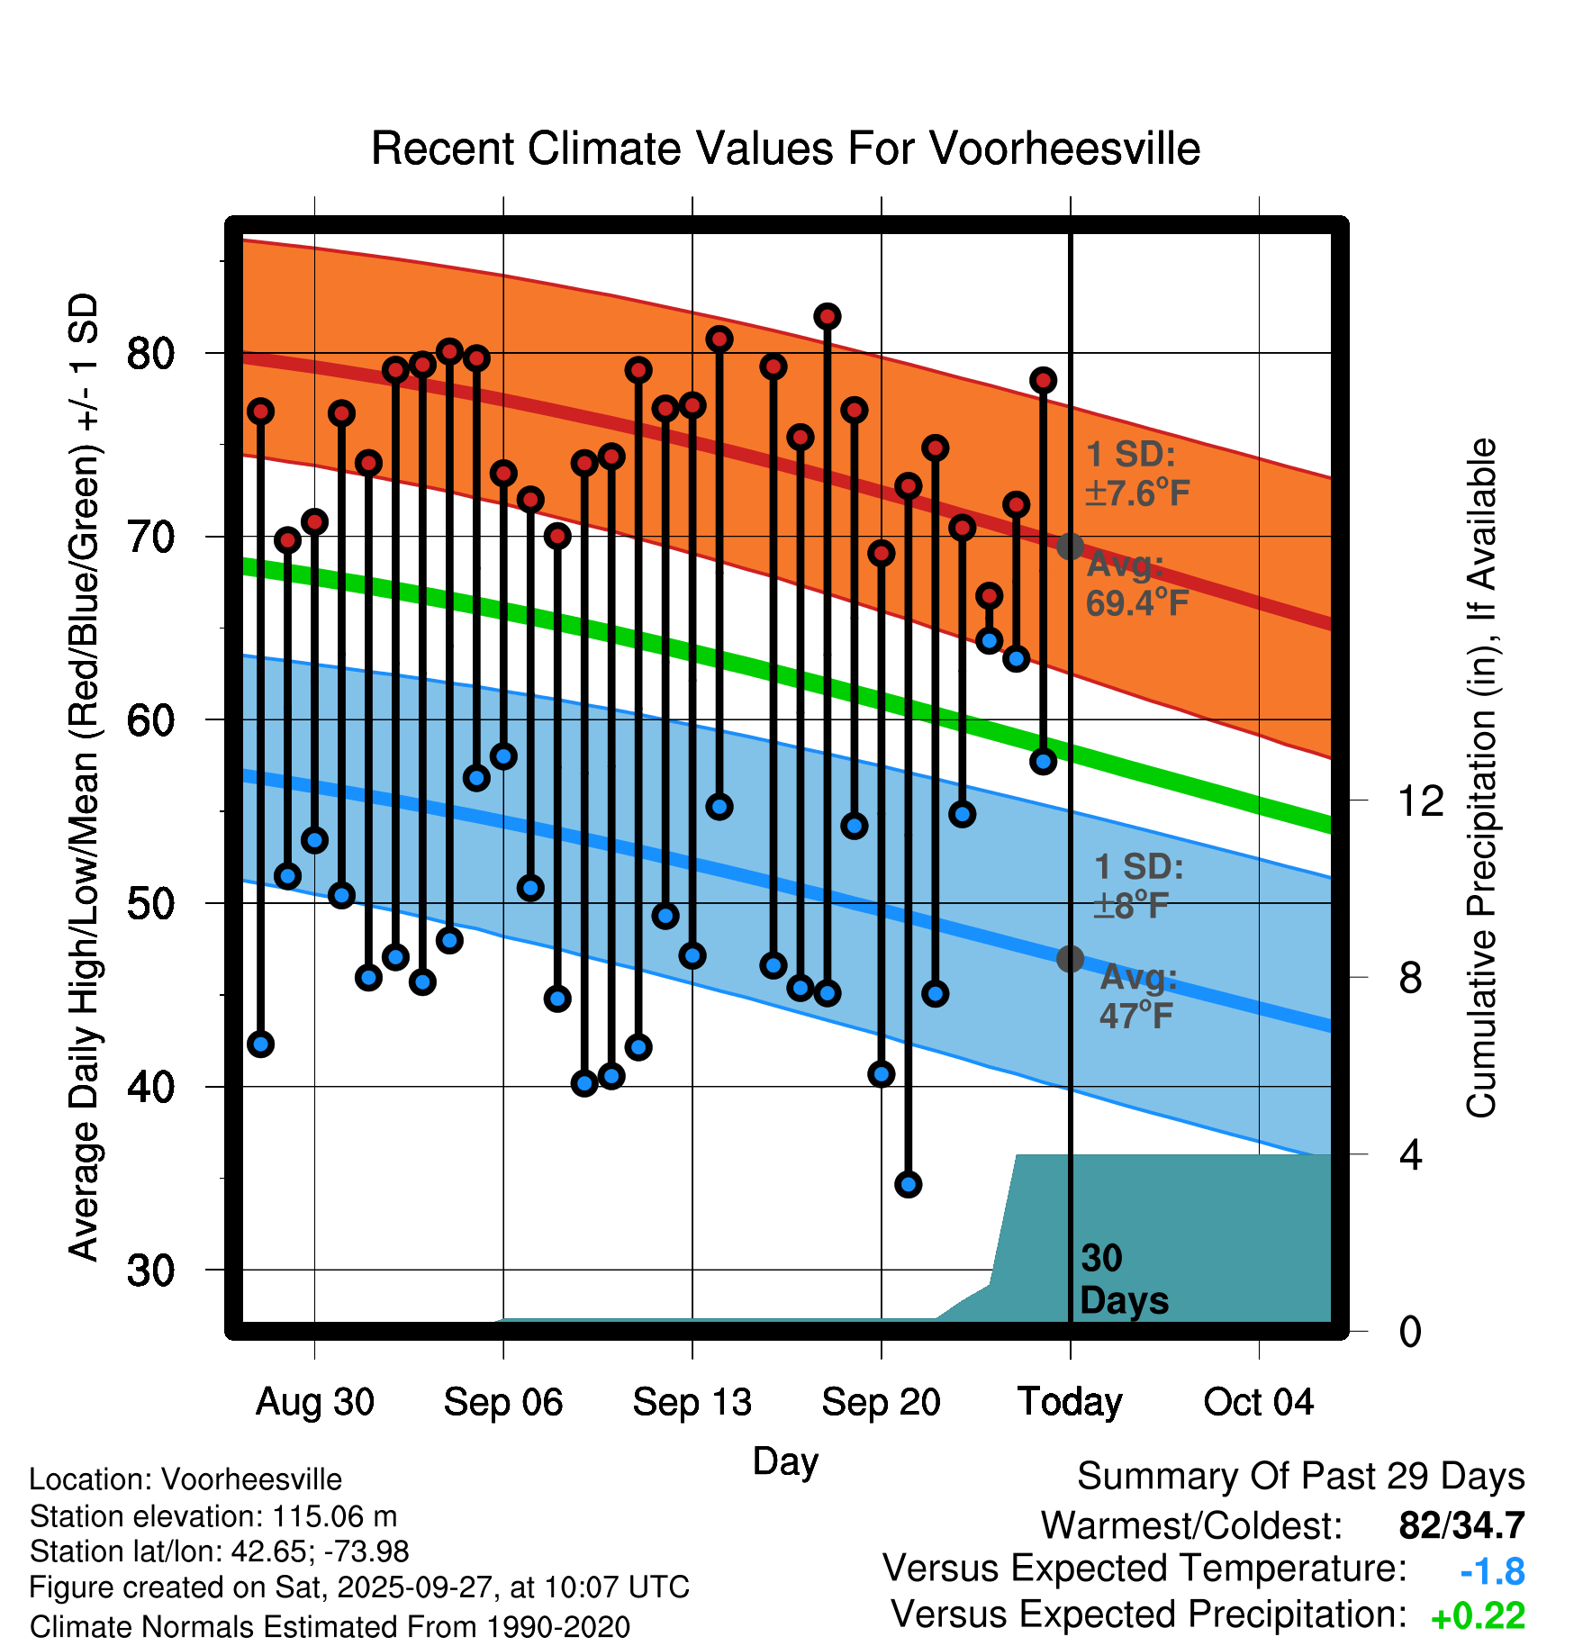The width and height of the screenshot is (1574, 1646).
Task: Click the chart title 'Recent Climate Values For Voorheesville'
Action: (785, 149)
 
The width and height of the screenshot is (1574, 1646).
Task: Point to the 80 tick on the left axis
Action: (150, 354)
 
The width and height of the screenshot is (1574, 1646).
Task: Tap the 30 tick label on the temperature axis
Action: (150, 1271)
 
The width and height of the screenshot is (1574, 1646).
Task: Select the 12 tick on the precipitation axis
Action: (1420, 800)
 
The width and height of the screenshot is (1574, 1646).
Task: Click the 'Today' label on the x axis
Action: (1070, 1402)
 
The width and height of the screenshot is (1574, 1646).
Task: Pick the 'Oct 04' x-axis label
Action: (1258, 1402)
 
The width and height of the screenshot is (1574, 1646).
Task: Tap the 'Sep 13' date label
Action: (692, 1402)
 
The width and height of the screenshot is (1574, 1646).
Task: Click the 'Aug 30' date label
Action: (314, 1402)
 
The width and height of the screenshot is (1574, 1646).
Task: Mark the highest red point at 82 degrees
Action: (828, 316)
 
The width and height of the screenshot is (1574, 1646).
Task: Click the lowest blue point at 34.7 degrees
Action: (908, 1184)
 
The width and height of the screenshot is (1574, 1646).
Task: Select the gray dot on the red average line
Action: (1070, 546)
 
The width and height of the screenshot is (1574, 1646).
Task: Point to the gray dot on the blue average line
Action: (1070, 959)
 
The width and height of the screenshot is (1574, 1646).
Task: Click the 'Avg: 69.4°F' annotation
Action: (1136, 584)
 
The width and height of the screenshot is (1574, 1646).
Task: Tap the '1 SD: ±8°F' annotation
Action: (1137, 886)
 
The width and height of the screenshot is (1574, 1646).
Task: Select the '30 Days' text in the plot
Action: (1123, 1280)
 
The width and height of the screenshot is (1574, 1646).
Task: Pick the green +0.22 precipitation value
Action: (1478, 1616)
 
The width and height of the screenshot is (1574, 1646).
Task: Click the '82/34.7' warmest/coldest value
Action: (1461, 1525)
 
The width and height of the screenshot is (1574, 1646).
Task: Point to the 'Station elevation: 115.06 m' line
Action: (213, 1516)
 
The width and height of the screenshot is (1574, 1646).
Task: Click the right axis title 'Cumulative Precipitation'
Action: (1481, 779)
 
